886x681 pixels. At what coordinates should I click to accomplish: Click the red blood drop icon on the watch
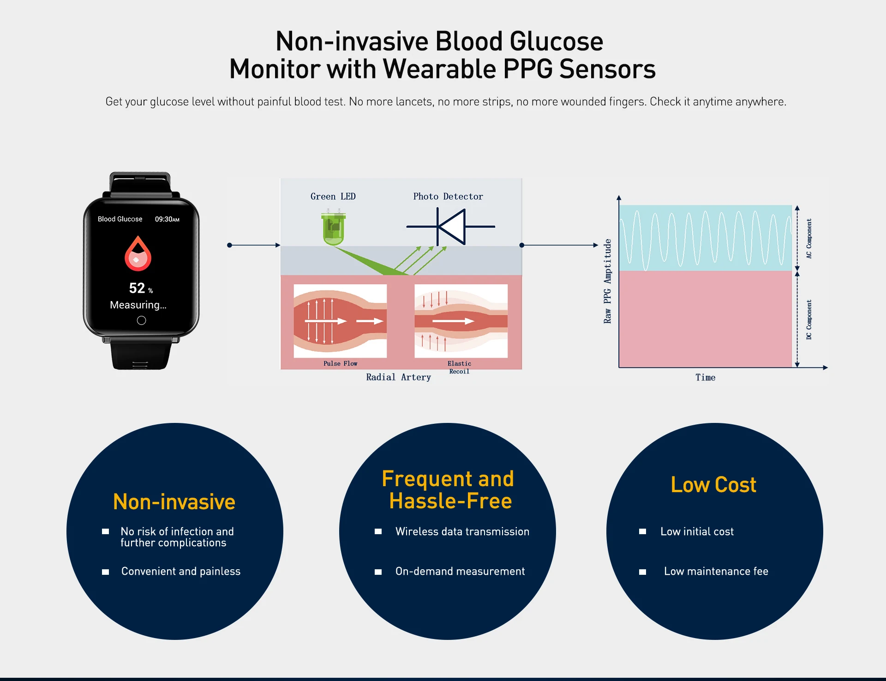(x=138, y=253)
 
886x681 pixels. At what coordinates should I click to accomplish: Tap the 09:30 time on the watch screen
(x=167, y=219)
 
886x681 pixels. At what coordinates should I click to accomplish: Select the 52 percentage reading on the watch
(x=138, y=288)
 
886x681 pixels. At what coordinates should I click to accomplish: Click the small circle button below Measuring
(x=142, y=320)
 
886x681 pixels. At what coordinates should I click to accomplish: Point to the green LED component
(x=334, y=228)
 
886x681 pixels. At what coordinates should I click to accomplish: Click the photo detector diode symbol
(x=451, y=227)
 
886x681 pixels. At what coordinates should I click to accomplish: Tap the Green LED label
(x=333, y=196)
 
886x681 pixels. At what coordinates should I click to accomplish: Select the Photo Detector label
(x=448, y=196)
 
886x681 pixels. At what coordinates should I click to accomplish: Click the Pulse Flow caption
(x=340, y=364)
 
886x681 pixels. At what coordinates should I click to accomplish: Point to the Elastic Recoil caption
(x=459, y=368)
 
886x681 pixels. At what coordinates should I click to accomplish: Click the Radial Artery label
(x=398, y=377)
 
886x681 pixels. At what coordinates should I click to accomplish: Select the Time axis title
(x=705, y=378)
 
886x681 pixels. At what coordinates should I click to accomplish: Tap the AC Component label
(x=809, y=238)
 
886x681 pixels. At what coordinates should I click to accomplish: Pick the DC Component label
(x=809, y=319)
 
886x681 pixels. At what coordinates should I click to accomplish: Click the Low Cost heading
(x=713, y=485)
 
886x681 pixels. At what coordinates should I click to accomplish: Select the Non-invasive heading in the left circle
(x=174, y=502)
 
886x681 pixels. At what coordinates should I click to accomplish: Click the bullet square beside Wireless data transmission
(x=378, y=532)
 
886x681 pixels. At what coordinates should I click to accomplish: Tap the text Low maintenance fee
(x=716, y=572)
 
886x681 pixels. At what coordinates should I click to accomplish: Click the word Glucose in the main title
(x=556, y=42)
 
